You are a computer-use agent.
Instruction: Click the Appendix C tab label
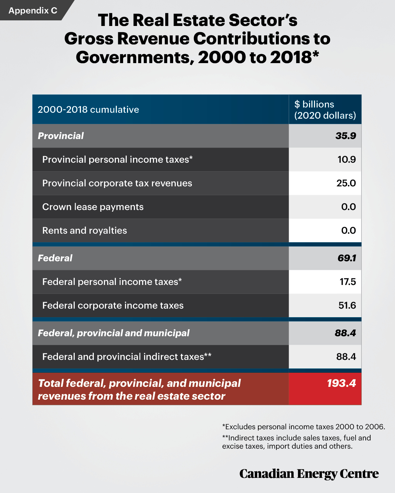tap(33, 11)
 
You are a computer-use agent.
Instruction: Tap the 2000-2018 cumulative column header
tap(88, 109)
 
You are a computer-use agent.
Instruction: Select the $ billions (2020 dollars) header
tap(325, 110)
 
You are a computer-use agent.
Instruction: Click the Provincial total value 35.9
tap(346, 136)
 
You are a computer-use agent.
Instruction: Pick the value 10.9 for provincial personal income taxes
tap(347, 159)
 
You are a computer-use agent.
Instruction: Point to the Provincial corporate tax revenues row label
tap(117, 183)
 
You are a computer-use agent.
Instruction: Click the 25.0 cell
tap(346, 183)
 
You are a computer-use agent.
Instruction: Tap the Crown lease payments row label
tap(93, 207)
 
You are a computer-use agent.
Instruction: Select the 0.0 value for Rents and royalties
tap(348, 230)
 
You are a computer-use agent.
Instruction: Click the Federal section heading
tap(55, 258)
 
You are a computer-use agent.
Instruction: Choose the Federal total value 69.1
tap(347, 258)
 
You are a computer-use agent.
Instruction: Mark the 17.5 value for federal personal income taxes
tap(348, 282)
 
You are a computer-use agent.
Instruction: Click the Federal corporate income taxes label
tap(113, 305)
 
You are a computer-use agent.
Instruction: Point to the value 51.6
tap(347, 305)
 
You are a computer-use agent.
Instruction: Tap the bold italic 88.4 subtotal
tap(345, 333)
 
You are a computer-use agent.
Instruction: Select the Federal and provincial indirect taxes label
tap(127, 357)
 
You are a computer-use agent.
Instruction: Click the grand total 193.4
tap(341, 383)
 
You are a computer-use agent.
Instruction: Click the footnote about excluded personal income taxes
tap(303, 427)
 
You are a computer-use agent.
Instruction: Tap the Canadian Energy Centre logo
tap(309, 474)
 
